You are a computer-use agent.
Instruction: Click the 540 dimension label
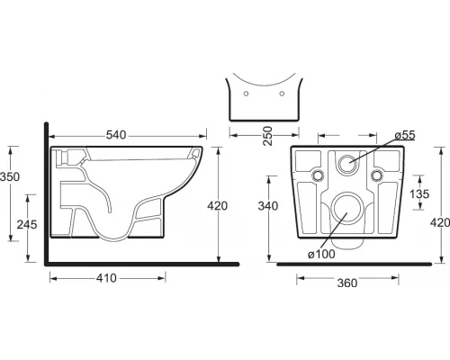pyautogui.click(x=116, y=135)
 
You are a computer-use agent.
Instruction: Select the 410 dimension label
pyautogui.click(x=106, y=278)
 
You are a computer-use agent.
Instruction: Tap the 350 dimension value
pyautogui.click(x=10, y=176)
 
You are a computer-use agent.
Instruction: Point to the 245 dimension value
pyautogui.click(x=27, y=224)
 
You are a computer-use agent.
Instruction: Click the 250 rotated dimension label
pyautogui.click(x=267, y=136)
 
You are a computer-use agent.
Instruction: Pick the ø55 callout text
pyautogui.click(x=405, y=135)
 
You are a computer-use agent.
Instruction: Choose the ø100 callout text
pyautogui.click(x=321, y=254)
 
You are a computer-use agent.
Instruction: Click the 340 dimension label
pyautogui.click(x=268, y=206)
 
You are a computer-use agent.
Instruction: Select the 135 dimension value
pyautogui.click(x=419, y=194)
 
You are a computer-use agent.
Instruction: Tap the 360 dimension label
pyautogui.click(x=347, y=283)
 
